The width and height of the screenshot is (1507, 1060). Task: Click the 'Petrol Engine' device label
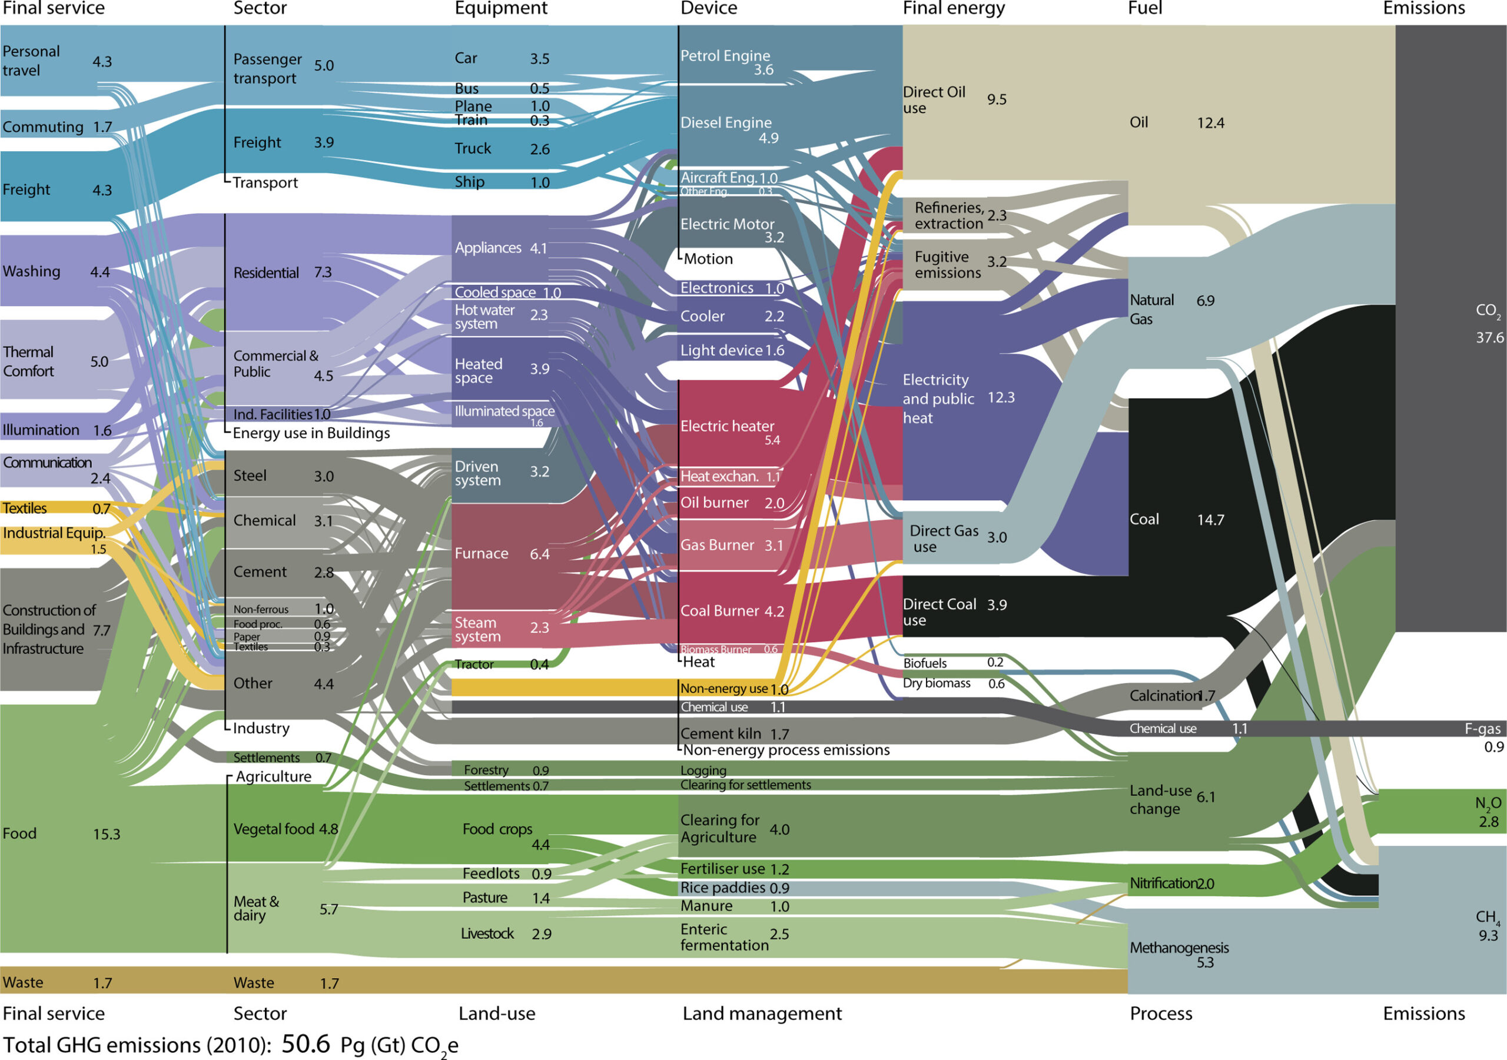pos(725,56)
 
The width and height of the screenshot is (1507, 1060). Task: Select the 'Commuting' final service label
pos(42,127)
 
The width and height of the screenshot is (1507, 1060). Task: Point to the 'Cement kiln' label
pos(720,733)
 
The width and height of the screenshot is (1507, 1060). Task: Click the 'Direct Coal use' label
pos(938,612)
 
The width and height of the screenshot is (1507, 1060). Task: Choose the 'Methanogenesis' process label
pos(1179,947)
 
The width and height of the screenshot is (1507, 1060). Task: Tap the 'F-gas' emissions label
pos(1482,729)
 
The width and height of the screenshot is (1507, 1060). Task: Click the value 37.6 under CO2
pos(1489,337)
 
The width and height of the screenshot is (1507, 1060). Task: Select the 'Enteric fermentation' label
pos(723,936)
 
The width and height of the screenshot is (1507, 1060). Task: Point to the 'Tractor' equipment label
pos(474,664)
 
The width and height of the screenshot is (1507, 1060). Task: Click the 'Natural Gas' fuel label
pos(1151,309)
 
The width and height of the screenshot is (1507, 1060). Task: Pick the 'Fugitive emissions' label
pos(947,264)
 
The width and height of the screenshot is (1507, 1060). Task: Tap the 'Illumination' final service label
pos(41,430)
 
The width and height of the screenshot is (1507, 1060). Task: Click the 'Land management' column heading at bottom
pos(761,1014)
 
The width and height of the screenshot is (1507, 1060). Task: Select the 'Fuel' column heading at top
pos(1145,8)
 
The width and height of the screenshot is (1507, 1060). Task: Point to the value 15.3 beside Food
pos(107,834)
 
